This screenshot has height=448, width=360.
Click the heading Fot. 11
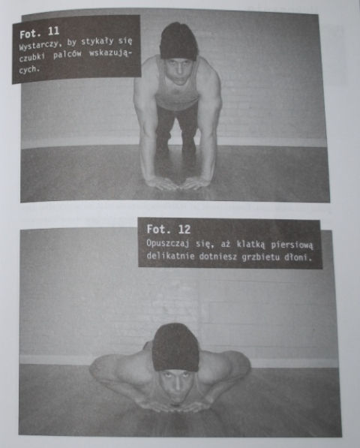click(40, 32)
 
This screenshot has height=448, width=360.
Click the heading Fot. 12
click(169, 229)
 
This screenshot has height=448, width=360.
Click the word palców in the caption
click(67, 55)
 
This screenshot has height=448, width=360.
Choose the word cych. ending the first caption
click(28, 69)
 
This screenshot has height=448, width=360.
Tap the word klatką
click(251, 245)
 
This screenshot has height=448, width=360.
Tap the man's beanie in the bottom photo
click(175, 347)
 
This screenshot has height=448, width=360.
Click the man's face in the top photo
click(178, 71)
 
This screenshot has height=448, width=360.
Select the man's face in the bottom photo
click(176, 386)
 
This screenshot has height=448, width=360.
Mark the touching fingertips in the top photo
click(179, 188)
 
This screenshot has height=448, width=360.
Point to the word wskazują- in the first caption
click(110, 53)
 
